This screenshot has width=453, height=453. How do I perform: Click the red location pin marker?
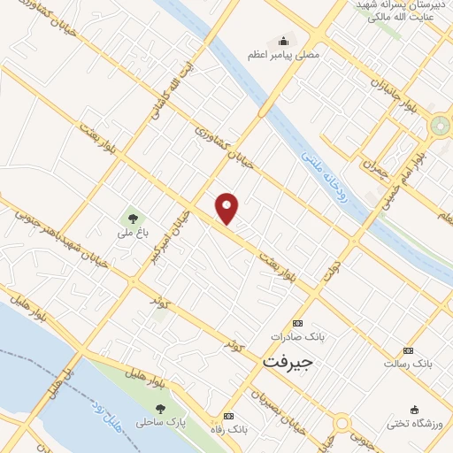[227, 208]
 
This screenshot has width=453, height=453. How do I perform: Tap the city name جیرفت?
[288, 362]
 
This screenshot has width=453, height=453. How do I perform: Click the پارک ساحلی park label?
[160, 423]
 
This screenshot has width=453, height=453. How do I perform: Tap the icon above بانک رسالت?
[408, 350]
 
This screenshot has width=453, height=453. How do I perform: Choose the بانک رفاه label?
[228, 429]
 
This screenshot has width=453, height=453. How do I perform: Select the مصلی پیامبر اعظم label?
[283, 54]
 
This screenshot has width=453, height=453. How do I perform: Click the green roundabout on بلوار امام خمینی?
[441, 126]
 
